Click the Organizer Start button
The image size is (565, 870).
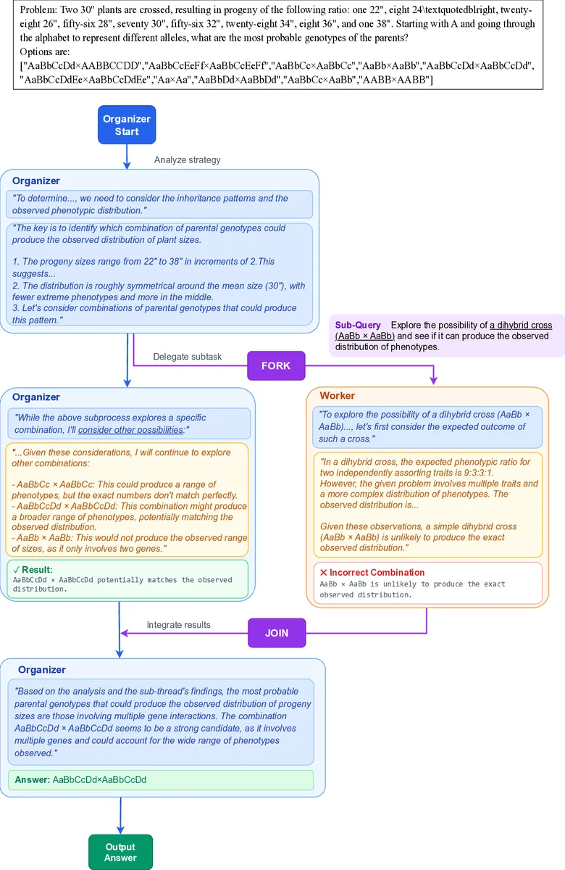[x=127, y=125]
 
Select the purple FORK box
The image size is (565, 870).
[x=276, y=365]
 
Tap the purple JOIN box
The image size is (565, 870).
[x=277, y=632]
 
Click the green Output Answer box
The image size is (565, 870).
[x=120, y=852]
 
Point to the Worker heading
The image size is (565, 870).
[x=338, y=396]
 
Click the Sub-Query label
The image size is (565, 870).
[x=358, y=326]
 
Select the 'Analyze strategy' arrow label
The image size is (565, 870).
[x=188, y=160]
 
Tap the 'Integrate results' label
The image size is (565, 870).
[x=178, y=624]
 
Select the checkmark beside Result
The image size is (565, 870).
[x=17, y=569]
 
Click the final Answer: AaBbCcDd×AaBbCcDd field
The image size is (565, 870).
[x=160, y=779]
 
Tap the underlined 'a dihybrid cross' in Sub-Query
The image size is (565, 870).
[x=521, y=326]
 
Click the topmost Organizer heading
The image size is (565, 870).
[x=36, y=181]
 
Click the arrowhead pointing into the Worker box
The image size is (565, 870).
[x=434, y=381]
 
